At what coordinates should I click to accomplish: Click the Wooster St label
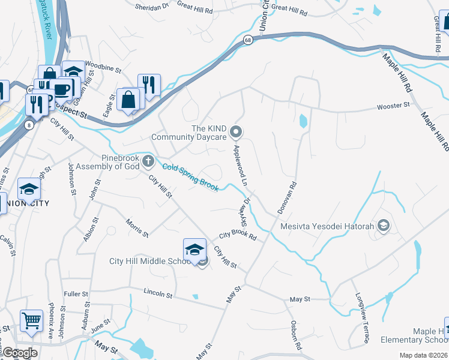pyautogui.click(x=393, y=106)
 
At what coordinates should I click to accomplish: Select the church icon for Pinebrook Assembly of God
pyautogui.click(x=149, y=161)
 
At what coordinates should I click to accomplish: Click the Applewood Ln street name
pyautogui.click(x=241, y=164)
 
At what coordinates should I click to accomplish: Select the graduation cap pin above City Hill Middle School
pyautogui.click(x=194, y=250)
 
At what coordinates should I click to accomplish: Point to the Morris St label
pyautogui.click(x=137, y=228)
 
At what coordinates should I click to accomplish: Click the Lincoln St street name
pyautogui.click(x=158, y=293)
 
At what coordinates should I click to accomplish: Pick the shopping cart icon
pyautogui.click(x=31, y=320)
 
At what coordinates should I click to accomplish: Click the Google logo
pyautogui.click(x=19, y=353)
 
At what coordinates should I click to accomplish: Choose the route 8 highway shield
pyautogui.click(x=29, y=125)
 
